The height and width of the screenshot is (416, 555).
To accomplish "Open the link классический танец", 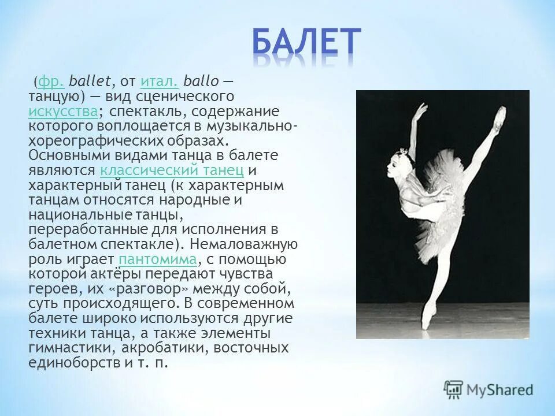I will (x=171, y=170).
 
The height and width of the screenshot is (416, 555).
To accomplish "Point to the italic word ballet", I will (x=101, y=80).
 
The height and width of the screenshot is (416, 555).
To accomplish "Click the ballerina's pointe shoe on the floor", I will (x=427, y=318).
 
